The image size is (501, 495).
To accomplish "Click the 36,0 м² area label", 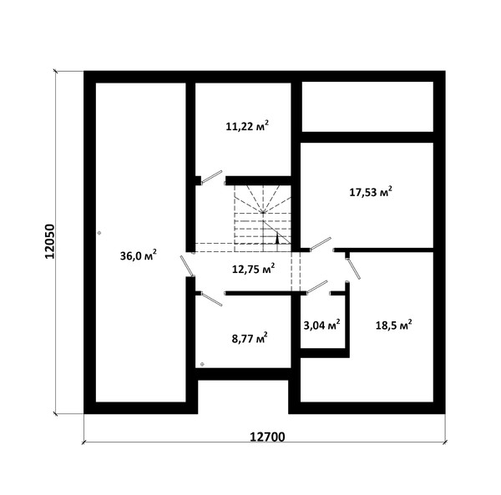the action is click(138, 255).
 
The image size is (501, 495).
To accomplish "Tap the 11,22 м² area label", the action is click(247, 126).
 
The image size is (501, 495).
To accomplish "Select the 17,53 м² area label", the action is click(371, 192).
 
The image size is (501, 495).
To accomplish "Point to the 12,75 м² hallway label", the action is click(253, 269).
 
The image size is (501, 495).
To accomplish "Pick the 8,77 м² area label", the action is click(250, 338).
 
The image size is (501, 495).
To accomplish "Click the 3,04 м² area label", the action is click(321, 326).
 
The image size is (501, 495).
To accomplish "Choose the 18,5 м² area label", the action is click(393, 326).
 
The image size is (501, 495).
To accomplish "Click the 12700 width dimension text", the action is click(267, 437).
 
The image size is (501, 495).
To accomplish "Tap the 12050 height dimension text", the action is click(50, 241).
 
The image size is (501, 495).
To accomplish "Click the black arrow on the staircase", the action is click(277, 239).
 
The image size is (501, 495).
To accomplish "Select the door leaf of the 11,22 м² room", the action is click(211, 177).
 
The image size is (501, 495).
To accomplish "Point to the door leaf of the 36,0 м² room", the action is click(187, 266).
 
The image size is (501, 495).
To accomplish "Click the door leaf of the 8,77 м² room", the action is click(211, 299).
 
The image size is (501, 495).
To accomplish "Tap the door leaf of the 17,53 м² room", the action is click(321, 244).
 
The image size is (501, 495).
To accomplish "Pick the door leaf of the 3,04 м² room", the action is click(317, 287).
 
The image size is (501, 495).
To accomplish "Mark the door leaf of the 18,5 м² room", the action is click(354, 269).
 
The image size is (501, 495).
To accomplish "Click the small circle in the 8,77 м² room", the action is click(202, 364).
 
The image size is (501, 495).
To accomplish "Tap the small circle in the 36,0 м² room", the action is click(99, 233).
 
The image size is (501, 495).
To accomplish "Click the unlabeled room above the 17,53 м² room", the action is click(367, 106).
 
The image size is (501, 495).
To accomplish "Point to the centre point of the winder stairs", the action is click(263, 212).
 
